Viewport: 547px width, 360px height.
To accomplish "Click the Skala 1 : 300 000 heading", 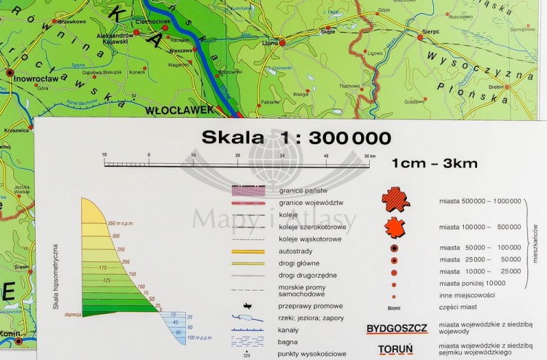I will (x=296, y=138).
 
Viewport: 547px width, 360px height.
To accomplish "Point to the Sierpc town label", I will (x=429, y=33).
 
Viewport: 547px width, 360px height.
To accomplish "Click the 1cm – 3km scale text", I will (x=434, y=163).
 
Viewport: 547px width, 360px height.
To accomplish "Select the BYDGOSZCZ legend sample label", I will (x=396, y=327).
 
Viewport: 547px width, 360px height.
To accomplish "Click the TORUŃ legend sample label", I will (x=395, y=349).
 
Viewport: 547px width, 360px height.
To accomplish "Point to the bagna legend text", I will (x=288, y=341).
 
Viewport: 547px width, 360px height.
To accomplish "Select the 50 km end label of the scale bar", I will (x=370, y=155).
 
